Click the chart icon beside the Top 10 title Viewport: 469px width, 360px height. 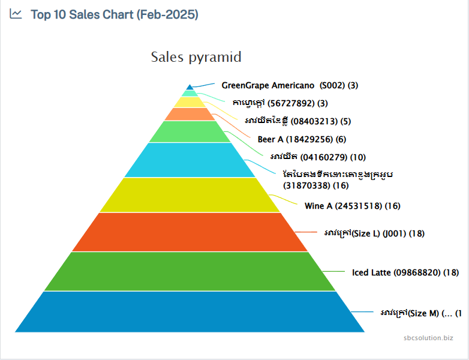point(16,14)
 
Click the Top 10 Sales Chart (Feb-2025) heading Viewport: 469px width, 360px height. point(114,14)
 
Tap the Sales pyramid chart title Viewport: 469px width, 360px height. point(196,57)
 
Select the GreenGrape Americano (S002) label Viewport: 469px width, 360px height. point(290,85)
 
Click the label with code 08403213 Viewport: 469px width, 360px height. point(297,121)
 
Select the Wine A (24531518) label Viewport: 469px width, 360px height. point(352,206)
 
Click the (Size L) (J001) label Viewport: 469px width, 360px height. point(374,233)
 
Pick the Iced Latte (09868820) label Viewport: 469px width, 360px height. point(405,272)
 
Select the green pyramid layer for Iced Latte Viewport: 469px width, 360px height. point(190,271)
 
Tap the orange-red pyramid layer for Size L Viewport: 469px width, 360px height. point(190,232)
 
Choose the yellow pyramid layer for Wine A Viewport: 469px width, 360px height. point(190,195)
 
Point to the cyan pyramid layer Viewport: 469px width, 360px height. point(190,160)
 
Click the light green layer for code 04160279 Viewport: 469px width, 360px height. point(190,131)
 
